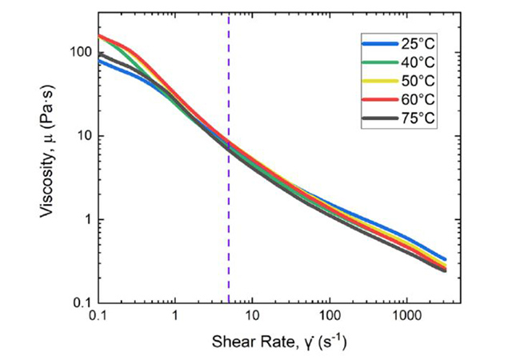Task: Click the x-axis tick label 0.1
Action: (x=98, y=319)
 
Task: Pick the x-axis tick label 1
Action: (x=175, y=319)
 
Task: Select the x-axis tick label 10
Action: (x=252, y=319)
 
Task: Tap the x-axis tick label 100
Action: (x=329, y=319)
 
